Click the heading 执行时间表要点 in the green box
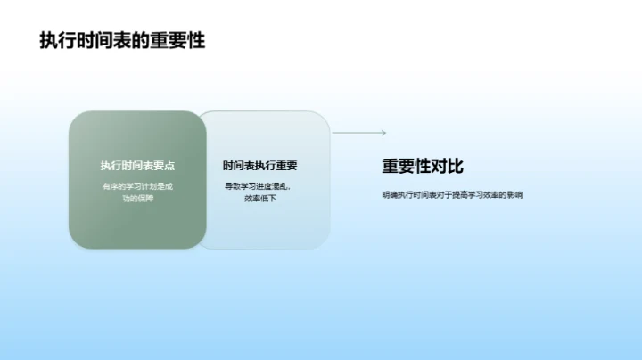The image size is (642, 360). point(137,166)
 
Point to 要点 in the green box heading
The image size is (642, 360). point(163,166)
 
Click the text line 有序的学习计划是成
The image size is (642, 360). point(137,186)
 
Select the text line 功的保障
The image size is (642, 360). point(137,198)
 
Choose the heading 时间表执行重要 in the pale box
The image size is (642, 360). point(259,166)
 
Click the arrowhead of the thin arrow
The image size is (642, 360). point(383,133)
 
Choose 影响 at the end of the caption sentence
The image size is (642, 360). point(514,194)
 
